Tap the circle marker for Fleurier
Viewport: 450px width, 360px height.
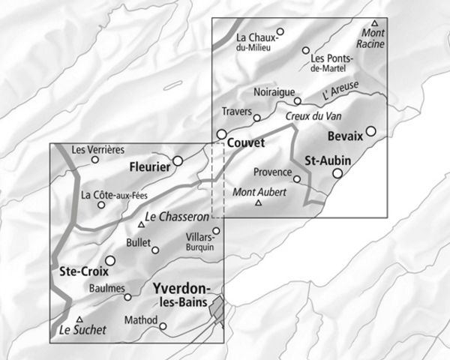178,160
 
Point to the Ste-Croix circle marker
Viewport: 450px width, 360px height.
110,260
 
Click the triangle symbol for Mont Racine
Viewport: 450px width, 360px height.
375,23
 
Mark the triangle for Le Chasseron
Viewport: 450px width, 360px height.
140,224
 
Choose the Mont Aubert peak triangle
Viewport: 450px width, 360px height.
259,202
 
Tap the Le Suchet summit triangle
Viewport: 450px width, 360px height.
79,319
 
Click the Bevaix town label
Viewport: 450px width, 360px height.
345,136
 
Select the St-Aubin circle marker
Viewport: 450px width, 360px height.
337,173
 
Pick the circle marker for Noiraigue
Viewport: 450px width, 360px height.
297,100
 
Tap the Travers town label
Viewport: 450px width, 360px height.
236,112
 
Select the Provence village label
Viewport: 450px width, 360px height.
272,172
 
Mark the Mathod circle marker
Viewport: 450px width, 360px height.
163,325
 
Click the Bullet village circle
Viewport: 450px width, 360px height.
156,250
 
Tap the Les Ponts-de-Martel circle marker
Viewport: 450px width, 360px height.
305,50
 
